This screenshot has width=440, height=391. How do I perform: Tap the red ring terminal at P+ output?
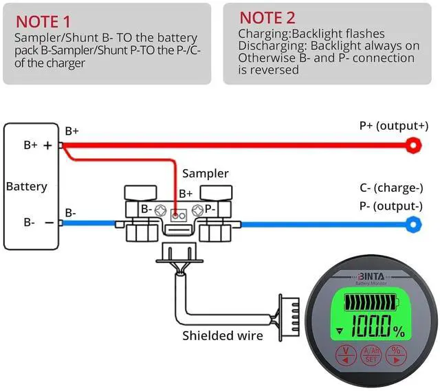tap(413, 144)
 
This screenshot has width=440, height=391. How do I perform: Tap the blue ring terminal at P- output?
tap(414, 223)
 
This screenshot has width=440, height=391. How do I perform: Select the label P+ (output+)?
tap(393, 126)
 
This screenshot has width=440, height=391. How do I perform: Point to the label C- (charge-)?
tap(390, 188)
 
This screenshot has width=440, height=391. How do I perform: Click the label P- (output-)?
tap(390, 206)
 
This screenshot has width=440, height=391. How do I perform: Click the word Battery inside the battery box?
tap(26, 186)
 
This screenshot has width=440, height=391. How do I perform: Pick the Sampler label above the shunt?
tap(205, 174)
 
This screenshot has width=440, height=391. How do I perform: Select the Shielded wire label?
tap(222, 335)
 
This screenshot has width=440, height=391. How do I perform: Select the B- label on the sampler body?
tap(146, 208)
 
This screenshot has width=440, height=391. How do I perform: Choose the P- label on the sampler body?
tap(210, 208)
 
